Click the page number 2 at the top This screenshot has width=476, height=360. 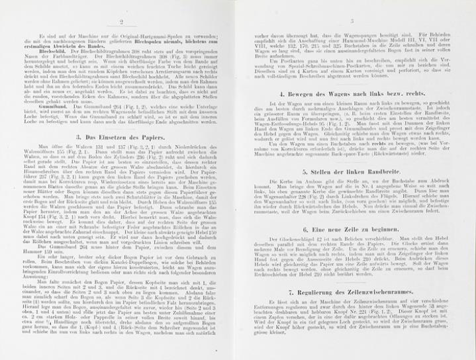[121, 21]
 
